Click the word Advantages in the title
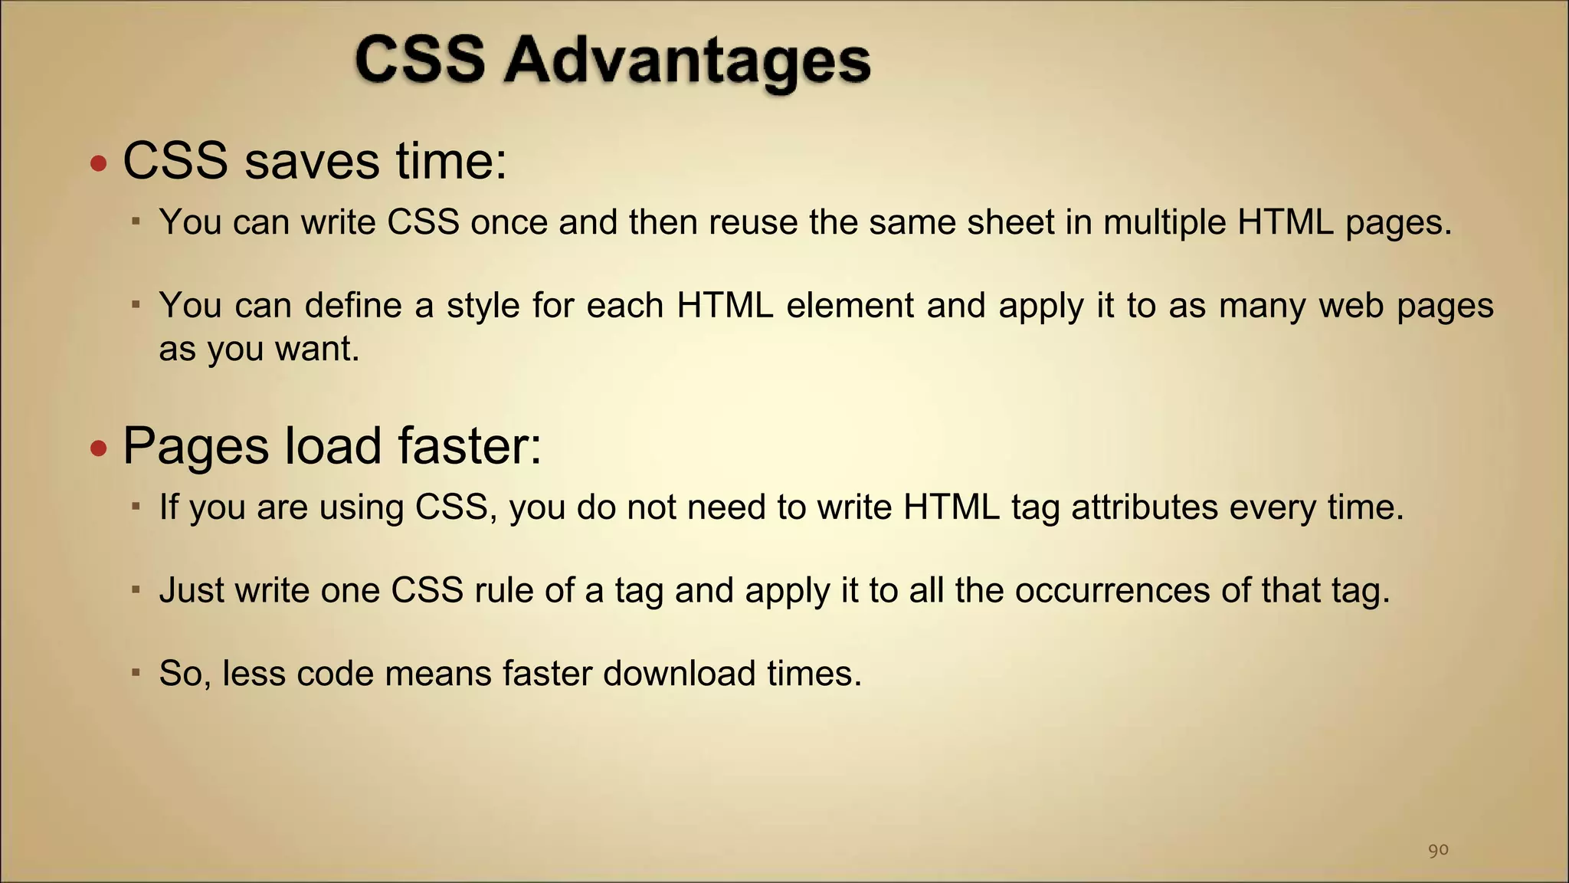tap(687, 61)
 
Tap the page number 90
tap(1438, 850)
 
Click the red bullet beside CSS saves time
tap(98, 163)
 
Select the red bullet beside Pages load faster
tap(98, 448)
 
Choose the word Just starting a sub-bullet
tap(192, 590)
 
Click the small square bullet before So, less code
tap(136, 672)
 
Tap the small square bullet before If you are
tap(136, 506)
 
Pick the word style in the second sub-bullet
tap(483, 306)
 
